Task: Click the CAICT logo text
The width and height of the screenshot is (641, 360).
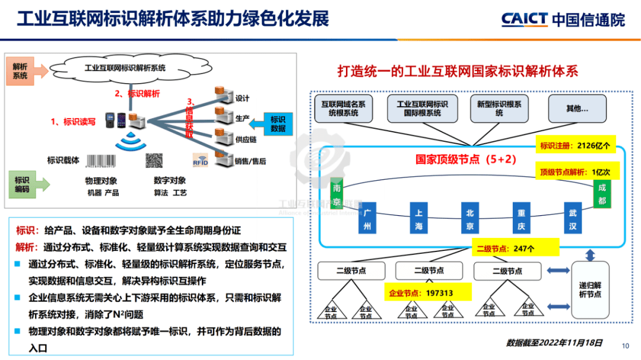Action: pyautogui.click(x=524, y=19)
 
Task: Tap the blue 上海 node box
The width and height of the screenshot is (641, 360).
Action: pyautogui.click(x=418, y=218)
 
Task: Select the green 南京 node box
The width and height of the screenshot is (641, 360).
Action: pyautogui.click(x=337, y=196)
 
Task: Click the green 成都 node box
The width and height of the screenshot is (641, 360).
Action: pyautogui.click(x=601, y=194)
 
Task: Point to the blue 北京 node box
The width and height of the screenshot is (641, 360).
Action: pyautogui.click(x=470, y=218)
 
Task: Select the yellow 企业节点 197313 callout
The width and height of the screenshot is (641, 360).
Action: pyautogui.click(x=427, y=292)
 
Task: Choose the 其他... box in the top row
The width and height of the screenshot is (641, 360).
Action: pyautogui.click(x=577, y=109)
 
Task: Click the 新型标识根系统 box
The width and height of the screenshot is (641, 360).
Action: pyautogui.click(x=499, y=109)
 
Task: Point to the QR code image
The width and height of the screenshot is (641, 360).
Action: pyautogui.click(x=154, y=161)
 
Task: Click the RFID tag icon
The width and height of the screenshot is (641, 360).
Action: pyautogui.click(x=200, y=161)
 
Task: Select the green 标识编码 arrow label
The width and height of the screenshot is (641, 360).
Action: pyautogui.click(x=26, y=185)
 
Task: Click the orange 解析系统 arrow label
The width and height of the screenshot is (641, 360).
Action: pyautogui.click(x=25, y=71)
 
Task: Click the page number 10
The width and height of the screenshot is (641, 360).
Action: pyautogui.click(x=625, y=346)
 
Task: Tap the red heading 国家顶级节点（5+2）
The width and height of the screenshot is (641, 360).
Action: pyautogui.click(x=459, y=160)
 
